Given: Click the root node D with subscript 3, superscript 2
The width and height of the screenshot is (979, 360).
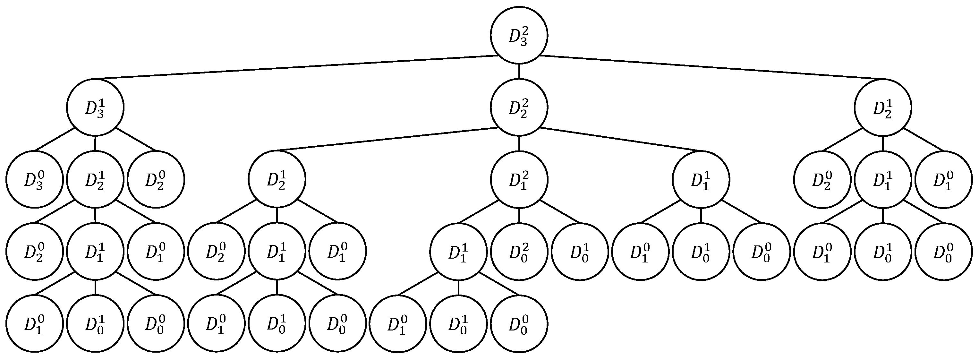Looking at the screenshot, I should [519, 35].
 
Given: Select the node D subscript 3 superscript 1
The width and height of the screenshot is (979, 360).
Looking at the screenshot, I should [95, 107].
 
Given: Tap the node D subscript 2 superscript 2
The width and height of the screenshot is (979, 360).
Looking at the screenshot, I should [519, 107].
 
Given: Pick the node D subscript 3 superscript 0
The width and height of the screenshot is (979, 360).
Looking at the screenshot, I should [34, 179].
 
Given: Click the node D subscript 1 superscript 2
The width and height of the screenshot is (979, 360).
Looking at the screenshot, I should [519, 179].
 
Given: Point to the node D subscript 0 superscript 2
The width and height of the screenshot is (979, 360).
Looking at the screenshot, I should [519, 252].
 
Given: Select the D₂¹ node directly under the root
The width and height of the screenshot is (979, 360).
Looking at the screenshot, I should [882, 107].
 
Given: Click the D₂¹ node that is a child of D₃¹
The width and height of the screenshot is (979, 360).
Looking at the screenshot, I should [95, 179].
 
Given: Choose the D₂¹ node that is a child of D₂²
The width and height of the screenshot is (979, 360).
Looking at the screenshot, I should [277, 179].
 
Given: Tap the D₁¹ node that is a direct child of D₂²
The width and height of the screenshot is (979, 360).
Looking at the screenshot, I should [701, 179].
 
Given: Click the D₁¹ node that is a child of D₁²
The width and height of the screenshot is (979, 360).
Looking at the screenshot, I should [458, 252].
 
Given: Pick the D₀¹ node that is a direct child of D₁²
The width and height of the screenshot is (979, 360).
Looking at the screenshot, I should [580, 252].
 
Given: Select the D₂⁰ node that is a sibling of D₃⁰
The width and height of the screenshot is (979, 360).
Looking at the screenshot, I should [156, 179].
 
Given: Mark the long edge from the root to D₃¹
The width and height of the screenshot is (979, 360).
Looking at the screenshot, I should [296, 67].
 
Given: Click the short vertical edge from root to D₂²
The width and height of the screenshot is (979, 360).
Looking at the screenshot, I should [519, 71].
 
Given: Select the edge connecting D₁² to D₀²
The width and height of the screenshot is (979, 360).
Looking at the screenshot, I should [519, 216].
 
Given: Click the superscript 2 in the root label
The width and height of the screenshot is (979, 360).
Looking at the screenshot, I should [525, 30].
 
